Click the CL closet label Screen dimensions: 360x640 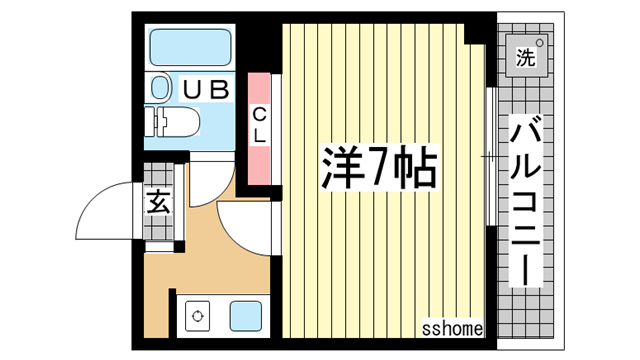click(258, 122)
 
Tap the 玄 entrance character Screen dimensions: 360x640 click(158, 202)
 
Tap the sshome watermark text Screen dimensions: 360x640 click(452, 328)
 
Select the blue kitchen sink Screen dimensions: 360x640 click(246, 316)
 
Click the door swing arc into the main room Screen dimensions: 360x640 click(240, 225)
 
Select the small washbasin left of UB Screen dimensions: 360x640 click(161, 89)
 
